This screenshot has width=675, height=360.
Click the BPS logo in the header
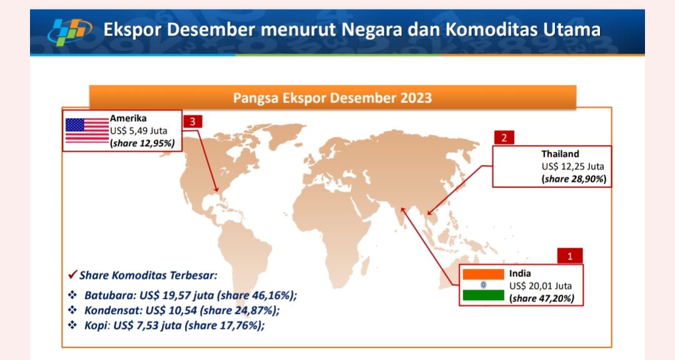click(70, 31)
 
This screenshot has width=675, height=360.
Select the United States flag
click(87, 131)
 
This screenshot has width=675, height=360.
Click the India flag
click(483, 284)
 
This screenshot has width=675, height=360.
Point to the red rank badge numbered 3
click(192, 121)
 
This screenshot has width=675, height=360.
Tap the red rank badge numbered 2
click(504, 137)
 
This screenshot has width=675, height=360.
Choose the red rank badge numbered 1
click(570, 256)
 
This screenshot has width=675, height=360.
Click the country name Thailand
click(560, 154)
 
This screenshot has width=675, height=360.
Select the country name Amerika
click(128, 118)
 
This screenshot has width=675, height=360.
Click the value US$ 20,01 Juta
click(540, 286)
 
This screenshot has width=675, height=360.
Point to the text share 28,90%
click(574, 179)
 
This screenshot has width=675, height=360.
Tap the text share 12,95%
click(142, 143)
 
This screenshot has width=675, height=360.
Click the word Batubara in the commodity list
click(109, 296)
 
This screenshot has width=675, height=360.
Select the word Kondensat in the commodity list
click(112, 310)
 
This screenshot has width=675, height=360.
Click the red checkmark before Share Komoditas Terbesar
click(72, 274)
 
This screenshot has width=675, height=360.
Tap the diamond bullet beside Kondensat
click(72, 310)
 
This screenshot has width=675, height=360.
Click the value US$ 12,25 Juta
click(572, 166)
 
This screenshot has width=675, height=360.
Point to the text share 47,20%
click(541, 298)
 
